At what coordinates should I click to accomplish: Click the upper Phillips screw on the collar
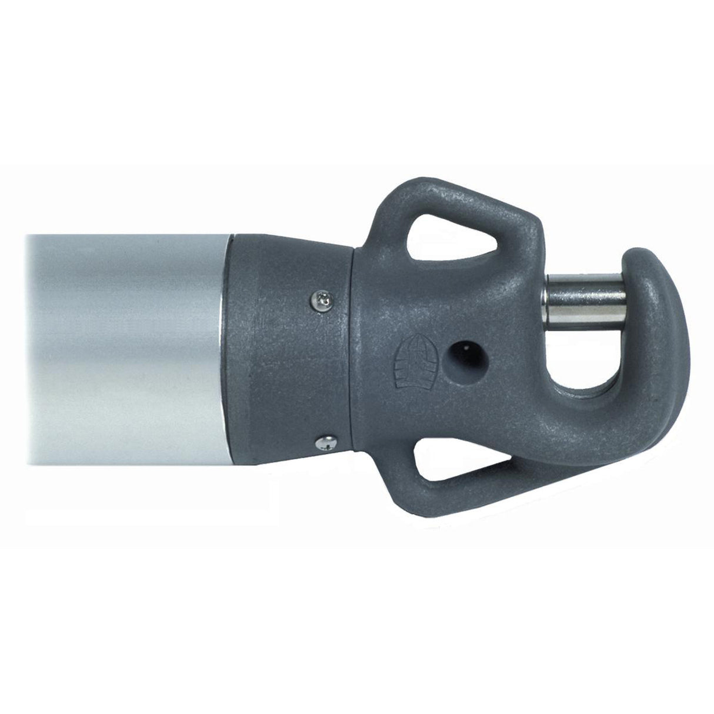pos(322,301)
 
